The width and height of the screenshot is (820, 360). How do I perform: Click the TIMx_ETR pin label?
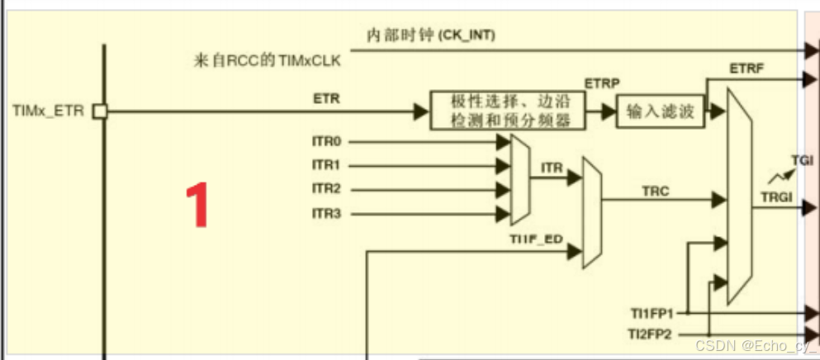click(48, 111)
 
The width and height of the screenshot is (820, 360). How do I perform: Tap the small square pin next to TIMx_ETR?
click(100, 111)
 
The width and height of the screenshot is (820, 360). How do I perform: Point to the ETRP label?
click(602, 83)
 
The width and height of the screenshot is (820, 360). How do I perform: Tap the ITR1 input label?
click(326, 165)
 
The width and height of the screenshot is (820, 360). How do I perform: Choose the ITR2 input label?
click(326, 189)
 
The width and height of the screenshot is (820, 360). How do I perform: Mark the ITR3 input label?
click(326, 214)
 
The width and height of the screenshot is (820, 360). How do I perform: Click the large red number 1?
click(196, 206)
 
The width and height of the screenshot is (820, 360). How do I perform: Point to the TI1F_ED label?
click(536, 240)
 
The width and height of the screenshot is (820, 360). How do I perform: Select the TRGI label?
click(776, 197)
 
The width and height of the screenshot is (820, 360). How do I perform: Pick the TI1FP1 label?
click(652, 313)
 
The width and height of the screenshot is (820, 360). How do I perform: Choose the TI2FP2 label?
click(652, 334)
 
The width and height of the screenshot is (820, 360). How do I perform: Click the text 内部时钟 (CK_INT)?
click(431, 36)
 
